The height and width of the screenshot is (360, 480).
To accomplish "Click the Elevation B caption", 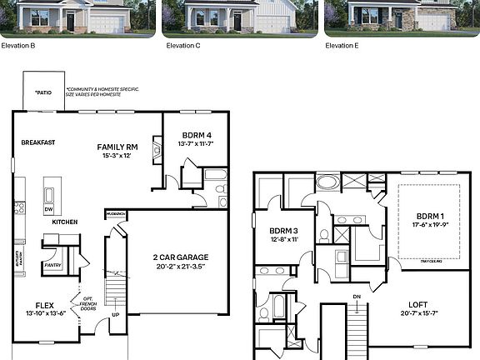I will [x=17, y=45].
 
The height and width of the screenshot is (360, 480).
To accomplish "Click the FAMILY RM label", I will [x=117, y=146].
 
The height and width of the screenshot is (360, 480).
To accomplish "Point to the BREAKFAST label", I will [x=38, y=142].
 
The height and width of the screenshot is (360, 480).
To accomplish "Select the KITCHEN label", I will [x=65, y=222].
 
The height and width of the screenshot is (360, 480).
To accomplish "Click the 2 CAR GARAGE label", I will [x=180, y=257].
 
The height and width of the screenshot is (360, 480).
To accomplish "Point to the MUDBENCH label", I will [x=115, y=214].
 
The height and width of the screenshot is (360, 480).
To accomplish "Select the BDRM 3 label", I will [x=284, y=230].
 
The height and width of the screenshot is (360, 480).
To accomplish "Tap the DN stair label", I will [x=357, y=297].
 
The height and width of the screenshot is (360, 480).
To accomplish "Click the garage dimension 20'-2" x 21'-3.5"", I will [x=180, y=267].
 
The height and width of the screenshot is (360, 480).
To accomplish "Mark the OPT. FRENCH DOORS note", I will [x=87, y=302].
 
